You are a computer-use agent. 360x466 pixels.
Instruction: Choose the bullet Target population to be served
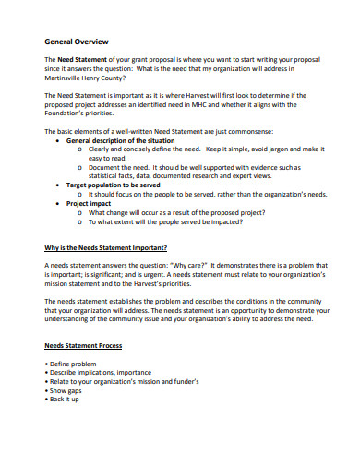click(x=119, y=185)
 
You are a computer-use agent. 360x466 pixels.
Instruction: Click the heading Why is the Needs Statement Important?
click(x=106, y=247)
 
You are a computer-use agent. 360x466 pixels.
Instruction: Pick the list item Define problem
click(x=73, y=364)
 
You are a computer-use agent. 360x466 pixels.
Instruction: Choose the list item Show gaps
click(x=67, y=390)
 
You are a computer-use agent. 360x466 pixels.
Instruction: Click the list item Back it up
click(x=66, y=399)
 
